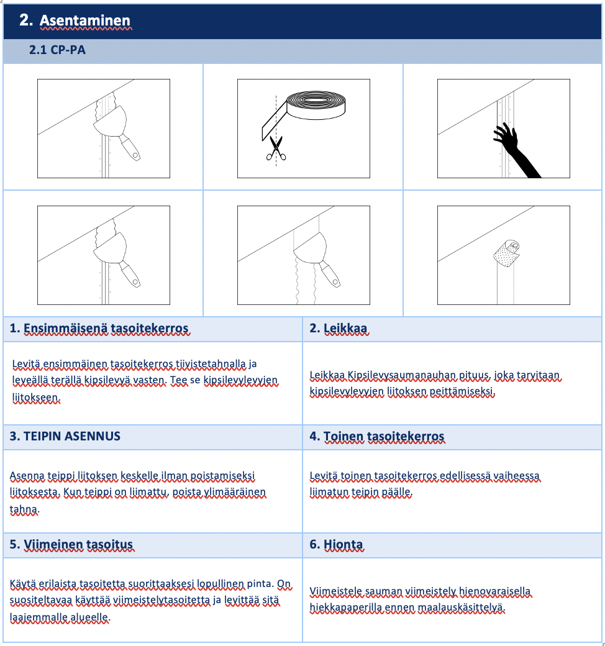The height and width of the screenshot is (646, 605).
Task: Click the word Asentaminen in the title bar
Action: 85,20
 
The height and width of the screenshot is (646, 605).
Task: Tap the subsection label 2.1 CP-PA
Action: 57,50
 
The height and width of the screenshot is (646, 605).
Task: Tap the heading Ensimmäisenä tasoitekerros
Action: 106,329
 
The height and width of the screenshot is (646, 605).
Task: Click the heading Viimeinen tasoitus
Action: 78,545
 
